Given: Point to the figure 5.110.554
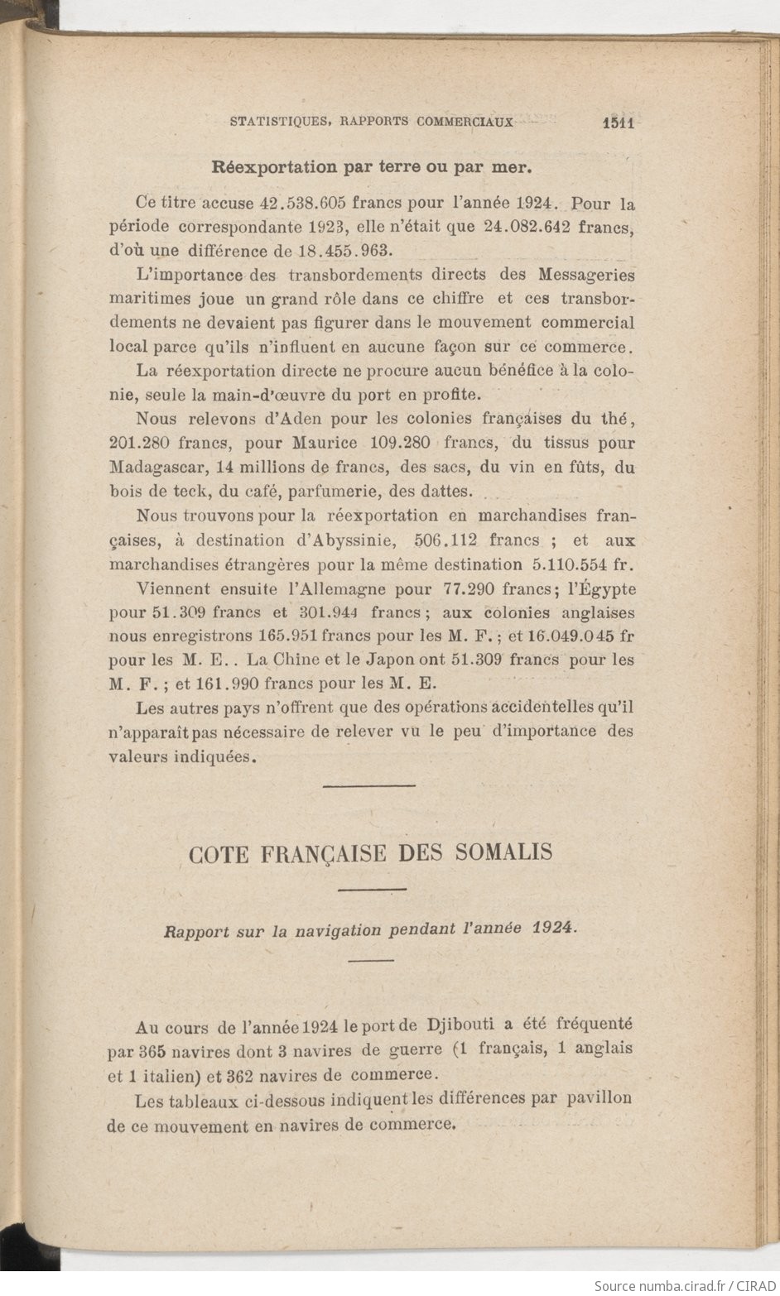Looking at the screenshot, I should (x=566, y=565).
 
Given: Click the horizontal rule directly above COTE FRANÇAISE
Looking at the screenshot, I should (x=368, y=785).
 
